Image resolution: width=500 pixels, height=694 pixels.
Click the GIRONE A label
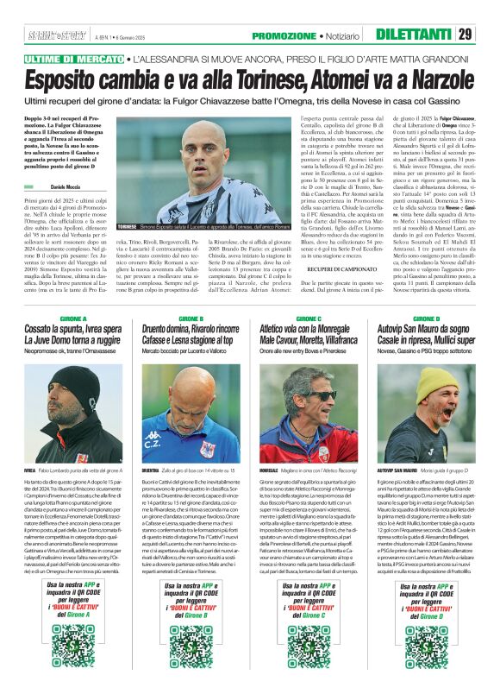[x=62, y=319]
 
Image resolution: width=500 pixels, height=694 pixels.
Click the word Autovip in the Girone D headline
[x=391, y=329]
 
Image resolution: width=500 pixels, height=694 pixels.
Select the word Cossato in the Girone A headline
[x=44, y=329]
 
